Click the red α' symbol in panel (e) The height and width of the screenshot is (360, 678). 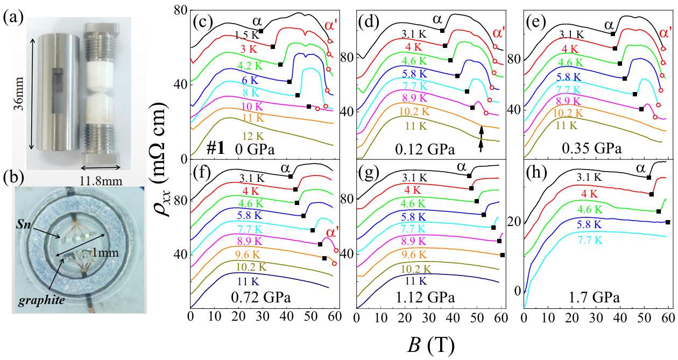coord(666,33)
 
